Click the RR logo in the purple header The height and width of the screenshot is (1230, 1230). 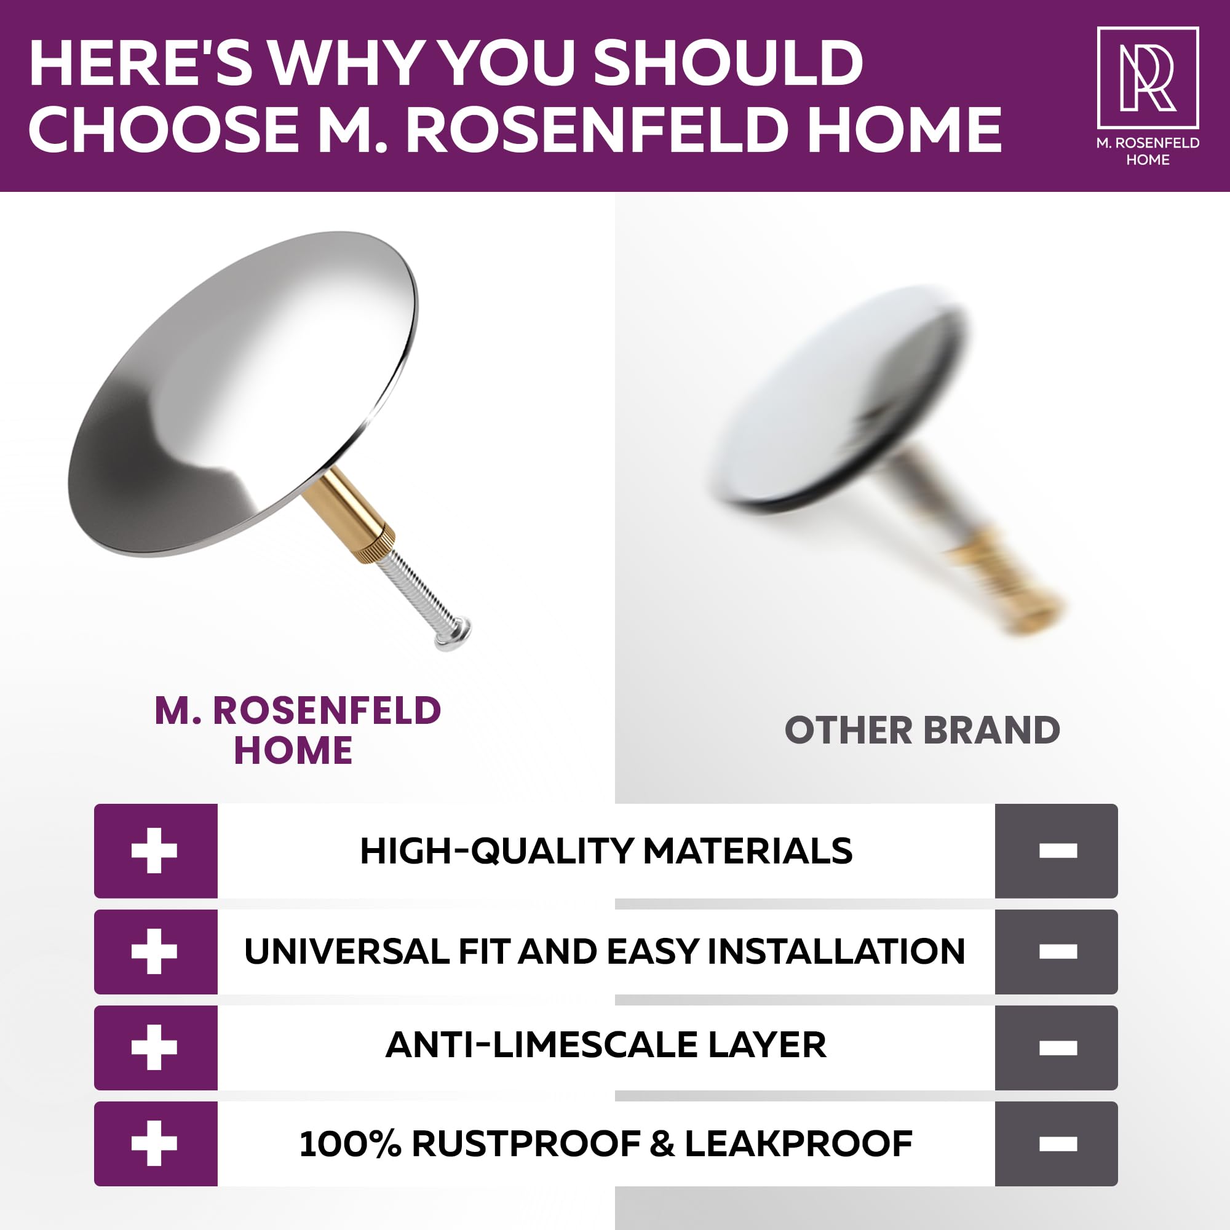[1148, 77]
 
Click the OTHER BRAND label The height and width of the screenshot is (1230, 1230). [922, 730]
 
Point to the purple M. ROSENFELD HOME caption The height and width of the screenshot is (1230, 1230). [297, 730]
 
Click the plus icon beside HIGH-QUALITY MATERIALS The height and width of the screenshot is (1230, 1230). [154, 851]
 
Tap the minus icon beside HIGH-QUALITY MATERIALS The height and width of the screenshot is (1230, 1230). [1057, 851]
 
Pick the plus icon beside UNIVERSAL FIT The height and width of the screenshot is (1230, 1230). [154, 951]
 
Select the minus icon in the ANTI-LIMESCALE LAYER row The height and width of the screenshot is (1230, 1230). [1057, 1048]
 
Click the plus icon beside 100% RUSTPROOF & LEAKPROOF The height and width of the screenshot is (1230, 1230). [154, 1144]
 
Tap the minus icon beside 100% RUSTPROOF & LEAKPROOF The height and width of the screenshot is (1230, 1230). [1057, 1144]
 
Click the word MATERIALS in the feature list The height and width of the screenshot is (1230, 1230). [747, 851]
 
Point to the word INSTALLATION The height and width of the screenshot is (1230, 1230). [836, 951]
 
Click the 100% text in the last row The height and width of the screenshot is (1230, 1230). [350, 1143]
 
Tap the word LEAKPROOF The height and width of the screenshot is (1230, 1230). [798, 1143]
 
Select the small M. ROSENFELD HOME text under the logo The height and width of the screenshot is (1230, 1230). [1148, 151]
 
